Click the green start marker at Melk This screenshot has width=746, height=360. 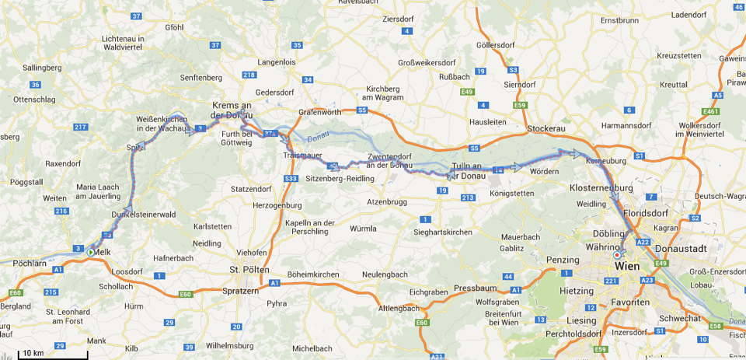[x=92, y=252]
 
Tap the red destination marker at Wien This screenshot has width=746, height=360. [x=618, y=254]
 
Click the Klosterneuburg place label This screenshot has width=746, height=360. [x=601, y=188]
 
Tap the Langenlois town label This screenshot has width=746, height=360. [x=277, y=61]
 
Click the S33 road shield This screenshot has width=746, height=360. [x=291, y=179]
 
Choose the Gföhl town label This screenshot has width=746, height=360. [x=175, y=27]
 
